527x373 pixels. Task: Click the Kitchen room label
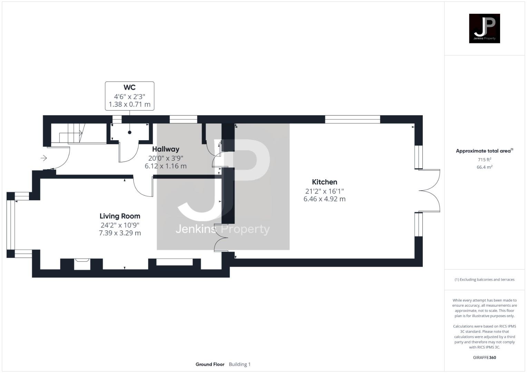pyautogui.click(x=324, y=182)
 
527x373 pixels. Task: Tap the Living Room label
pyautogui.click(x=120, y=216)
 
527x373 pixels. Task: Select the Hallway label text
pyautogui.click(x=166, y=149)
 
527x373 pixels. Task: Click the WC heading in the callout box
pyautogui.click(x=129, y=88)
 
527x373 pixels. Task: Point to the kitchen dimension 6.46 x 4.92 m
pyautogui.click(x=324, y=199)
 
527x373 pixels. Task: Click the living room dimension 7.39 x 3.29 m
pyautogui.click(x=120, y=233)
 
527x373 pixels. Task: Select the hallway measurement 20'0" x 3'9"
pyautogui.click(x=166, y=158)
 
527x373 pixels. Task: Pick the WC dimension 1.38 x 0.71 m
pyautogui.click(x=129, y=104)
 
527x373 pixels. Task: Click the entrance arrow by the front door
pyautogui.click(x=44, y=158)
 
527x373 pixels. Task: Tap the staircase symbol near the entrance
pyautogui.click(x=71, y=133)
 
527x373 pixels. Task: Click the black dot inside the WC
pyautogui.click(x=130, y=132)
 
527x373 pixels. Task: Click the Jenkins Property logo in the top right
pyautogui.click(x=484, y=28)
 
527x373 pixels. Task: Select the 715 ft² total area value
pyautogui.click(x=484, y=160)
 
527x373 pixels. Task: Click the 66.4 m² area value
pyautogui.click(x=484, y=167)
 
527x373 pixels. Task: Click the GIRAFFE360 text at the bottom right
pyautogui.click(x=484, y=357)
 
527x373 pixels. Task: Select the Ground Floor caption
pyautogui.click(x=210, y=364)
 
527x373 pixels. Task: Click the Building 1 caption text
pyautogui.click(x=240, y=364)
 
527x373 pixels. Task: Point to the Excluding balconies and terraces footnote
pyautogui.click(x=484, y=279)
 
